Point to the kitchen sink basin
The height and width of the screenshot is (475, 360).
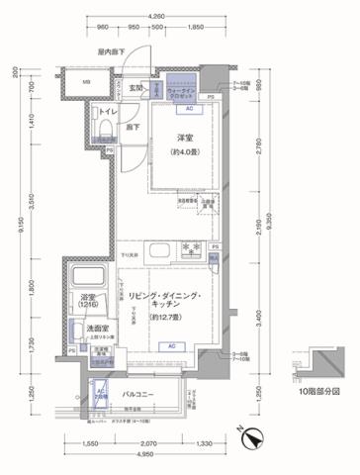(x=159, y=247)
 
